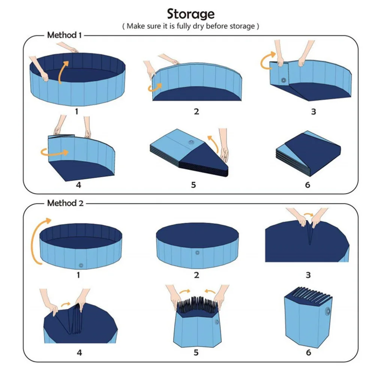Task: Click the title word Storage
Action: [x=191, y=14]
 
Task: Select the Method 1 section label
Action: [x=64, y=35]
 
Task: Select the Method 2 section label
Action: [x=65, y=203]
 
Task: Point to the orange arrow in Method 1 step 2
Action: [x=154, y=88]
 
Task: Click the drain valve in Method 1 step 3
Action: [x=283, y=80]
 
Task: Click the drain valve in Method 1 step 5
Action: [x=192, y=143]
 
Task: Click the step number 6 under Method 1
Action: [x=308, y=185]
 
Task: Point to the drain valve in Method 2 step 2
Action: [x=197, y=252]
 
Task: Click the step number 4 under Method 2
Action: [x=79, y=352]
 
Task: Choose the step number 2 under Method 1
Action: [x=196, y=111]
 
